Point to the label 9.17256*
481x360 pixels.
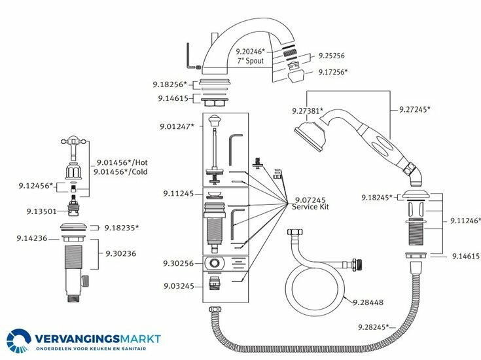(333, 72)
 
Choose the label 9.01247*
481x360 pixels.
(176, 126)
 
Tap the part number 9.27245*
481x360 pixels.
(415, 109)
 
